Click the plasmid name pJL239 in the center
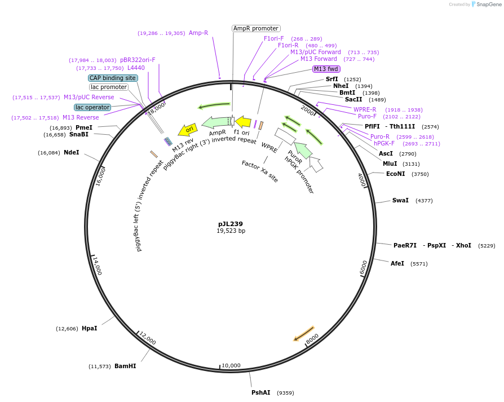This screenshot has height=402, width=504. coord(231,224)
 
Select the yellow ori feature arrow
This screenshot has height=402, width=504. coord(188,130)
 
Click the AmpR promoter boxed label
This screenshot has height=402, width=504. coord(256,28)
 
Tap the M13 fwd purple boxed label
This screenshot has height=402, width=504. coord(326,69)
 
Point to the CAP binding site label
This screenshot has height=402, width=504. coord(113,78)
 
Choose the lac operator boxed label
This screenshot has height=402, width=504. coord(92,107)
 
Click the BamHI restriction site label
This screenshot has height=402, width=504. coord(125,366)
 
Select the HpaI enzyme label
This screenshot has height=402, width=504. coord(89,328)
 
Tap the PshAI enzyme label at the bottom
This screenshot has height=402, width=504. coord(261,392)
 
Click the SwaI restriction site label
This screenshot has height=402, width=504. coord(400,201)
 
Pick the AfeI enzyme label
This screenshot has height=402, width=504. coord(397,263)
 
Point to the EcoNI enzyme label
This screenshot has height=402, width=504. coord(395,174)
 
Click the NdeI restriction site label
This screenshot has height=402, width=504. coord(72,152)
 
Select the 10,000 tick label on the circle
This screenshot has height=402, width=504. coord(231,366)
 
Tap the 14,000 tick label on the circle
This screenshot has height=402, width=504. coord(97,266)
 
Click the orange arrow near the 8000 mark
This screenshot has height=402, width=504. coord(304,333)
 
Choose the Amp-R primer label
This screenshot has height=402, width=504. coord(198,33)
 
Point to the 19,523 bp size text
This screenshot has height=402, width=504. coord(231,231)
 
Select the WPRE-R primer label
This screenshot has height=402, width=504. coord(365,109)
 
